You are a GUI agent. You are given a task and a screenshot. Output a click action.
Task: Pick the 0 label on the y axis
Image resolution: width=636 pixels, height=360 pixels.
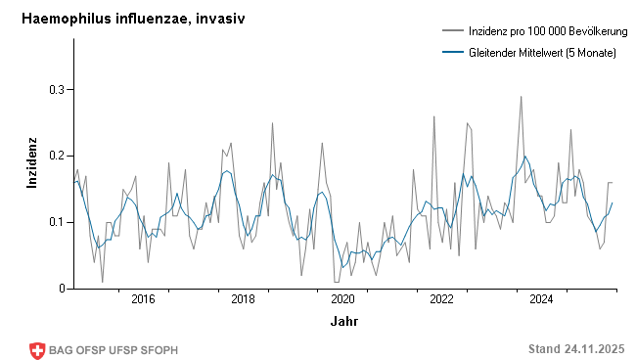[x=60, y=289]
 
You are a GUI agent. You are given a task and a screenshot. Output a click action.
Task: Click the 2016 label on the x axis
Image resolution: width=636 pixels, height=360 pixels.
[x=143, y=299]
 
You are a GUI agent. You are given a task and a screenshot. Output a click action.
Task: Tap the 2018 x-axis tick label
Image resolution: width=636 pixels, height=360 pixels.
[x=243, y=299]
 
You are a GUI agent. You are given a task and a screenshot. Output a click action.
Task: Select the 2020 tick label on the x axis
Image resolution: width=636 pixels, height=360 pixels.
[x=342, y=299]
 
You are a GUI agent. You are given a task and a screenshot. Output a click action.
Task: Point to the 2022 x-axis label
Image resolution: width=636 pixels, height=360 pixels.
[x=442, y=299]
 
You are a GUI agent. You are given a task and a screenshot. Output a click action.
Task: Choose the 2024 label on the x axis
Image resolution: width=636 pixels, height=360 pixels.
[x=542, y=299]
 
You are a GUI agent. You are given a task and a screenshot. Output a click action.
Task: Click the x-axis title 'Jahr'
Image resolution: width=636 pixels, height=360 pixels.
[x=343, y=321]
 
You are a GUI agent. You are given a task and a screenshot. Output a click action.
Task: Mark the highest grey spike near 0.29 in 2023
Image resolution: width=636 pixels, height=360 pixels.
[x=521, y=96]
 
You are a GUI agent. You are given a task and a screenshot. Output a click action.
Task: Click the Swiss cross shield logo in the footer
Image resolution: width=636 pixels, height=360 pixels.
[x=38, y=349]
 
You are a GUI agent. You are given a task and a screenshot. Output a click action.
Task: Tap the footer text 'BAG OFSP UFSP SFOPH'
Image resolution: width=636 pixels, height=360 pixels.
[x=114, y=349]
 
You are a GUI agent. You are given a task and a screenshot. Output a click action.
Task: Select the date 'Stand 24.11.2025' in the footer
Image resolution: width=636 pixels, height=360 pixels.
[x=575, y=349]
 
